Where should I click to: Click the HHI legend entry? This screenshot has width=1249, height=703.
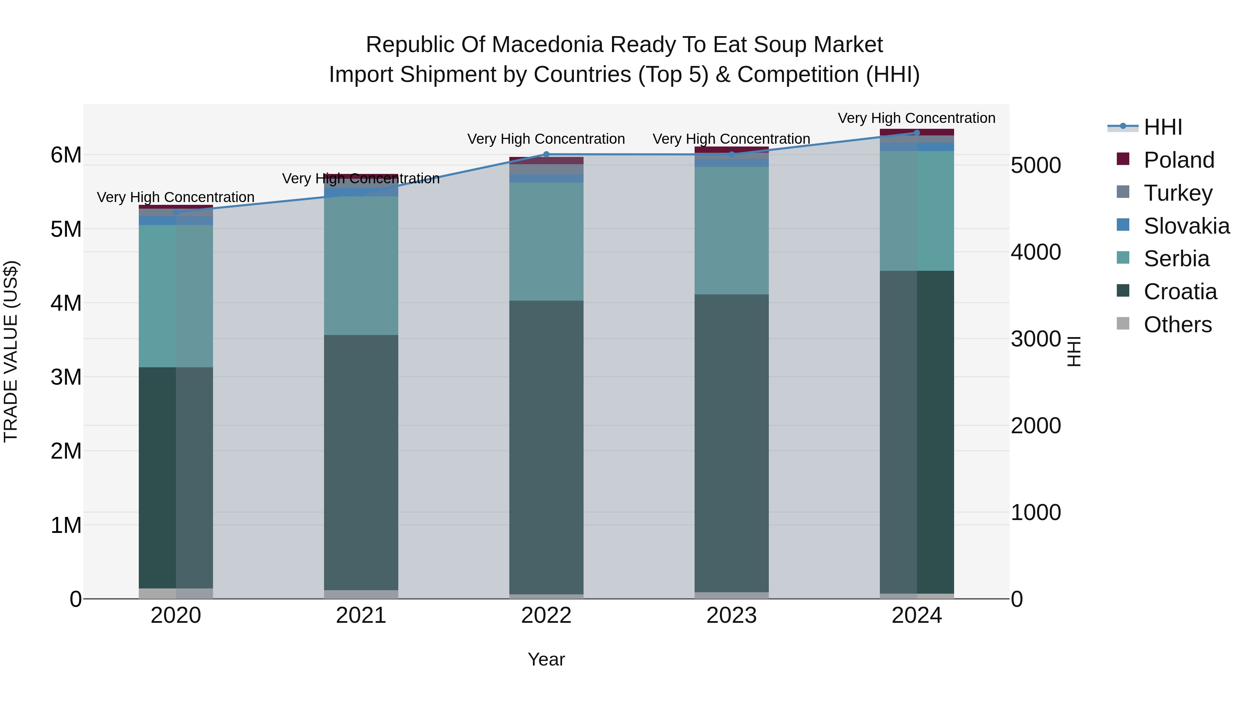click(x=1163, y=127)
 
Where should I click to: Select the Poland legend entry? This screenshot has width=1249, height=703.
click(x=1179, y=160)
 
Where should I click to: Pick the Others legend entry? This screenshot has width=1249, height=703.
click(x=1177, y=325)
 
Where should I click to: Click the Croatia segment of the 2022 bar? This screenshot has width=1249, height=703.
click(x=546, y=446)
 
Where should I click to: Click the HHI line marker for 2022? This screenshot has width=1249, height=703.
click(x=546, y=154)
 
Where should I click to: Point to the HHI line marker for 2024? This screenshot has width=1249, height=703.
click(x=916, y=133)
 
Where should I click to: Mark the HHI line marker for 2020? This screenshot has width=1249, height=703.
click(x=176, y=212)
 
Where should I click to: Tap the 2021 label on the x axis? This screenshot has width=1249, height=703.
click(x=361, y=616)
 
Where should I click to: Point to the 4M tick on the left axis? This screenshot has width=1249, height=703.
click(x=66, y=303)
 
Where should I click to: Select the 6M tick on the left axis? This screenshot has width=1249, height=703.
click(x=66, y=155)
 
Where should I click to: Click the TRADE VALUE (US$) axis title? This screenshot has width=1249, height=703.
click(x=11, y=351)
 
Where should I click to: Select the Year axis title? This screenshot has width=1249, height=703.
click(x=546, y=659)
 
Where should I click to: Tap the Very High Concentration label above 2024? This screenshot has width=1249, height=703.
click(x=916, y=118)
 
